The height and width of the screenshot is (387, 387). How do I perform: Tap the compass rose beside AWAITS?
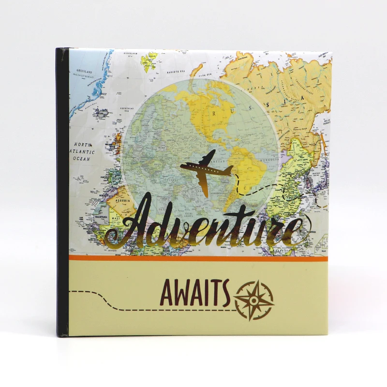coord(254,300)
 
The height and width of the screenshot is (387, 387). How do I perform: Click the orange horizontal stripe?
coord(198,258)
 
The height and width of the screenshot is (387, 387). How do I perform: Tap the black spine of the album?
coord(61,193)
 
